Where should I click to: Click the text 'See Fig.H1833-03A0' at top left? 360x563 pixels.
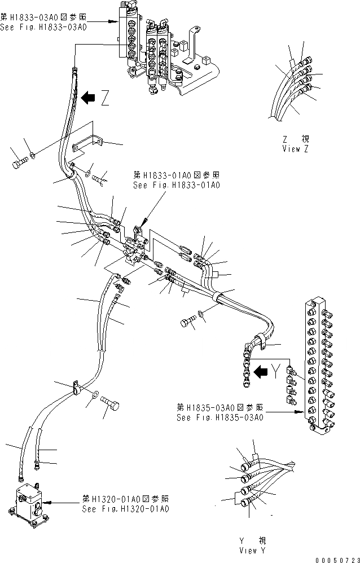tap(43, 27)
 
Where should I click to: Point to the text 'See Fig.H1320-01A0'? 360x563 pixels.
tap(125, 509)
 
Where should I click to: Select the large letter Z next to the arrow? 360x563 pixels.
tap(106, 99)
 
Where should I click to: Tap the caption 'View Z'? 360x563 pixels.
tap(295, 149)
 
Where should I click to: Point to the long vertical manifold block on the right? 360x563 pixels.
tap(318, 367)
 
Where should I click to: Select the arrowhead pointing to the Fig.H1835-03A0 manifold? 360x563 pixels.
tap(294, 413)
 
